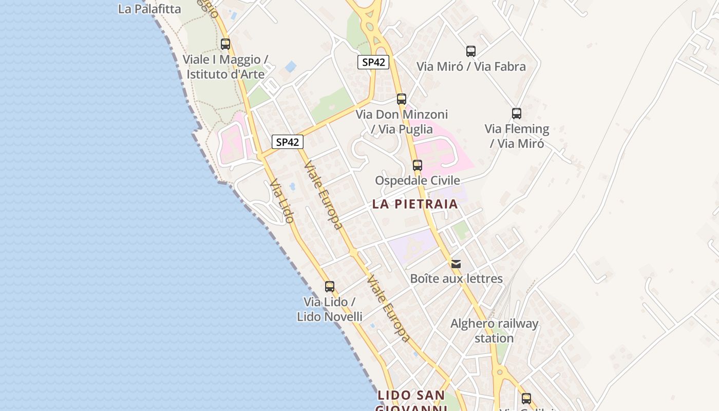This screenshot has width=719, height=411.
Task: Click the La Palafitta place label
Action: pos(149,9)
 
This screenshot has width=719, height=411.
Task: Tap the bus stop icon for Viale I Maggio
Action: pos(225,44)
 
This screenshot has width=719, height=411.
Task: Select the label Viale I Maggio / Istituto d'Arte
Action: pos(225,67)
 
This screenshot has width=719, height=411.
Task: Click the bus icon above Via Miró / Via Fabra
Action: pos(471,51)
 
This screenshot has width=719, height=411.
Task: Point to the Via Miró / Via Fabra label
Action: pos(471,66)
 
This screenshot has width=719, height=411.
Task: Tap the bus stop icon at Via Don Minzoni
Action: pos(402,99)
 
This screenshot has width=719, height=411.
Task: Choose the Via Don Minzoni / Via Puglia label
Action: pos(402,122)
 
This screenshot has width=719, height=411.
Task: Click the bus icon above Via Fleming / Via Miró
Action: pos(517,114)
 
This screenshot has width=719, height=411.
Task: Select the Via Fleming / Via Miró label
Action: pos(517,136)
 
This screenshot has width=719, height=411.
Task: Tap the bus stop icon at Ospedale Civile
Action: pos(418,165)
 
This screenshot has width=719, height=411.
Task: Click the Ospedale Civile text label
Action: pos(418,180)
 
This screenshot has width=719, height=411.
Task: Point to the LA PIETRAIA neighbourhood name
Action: pos(415,204)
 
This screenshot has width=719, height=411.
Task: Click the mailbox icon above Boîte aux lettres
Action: pos(456,264)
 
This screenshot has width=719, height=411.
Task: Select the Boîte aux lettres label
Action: pos(456,279)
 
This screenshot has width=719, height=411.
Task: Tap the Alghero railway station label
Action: pos(494,331)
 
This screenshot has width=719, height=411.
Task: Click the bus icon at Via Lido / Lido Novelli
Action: pos(330,287)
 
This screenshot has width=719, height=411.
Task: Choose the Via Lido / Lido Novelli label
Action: pos(330,309)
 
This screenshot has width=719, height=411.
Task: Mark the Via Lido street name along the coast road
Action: pos(282,200)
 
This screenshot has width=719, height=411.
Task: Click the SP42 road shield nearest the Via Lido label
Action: pos(287,142)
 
